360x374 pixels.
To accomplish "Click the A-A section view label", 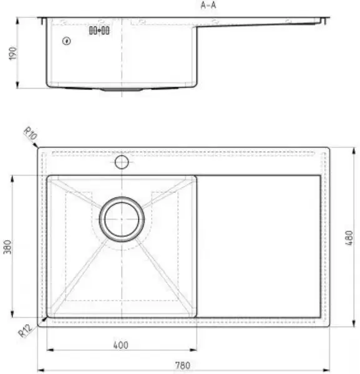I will click(209, 5).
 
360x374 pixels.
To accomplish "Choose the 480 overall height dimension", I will click(349, 237).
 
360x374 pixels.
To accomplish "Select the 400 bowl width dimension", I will click(120, 345).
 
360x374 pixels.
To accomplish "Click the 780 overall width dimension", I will click(182, 365).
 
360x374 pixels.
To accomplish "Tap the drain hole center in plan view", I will click(122, 219).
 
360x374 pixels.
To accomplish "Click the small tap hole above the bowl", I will click(122, 163).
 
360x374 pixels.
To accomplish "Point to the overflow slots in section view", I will click(99, 30).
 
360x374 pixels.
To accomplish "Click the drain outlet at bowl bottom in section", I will click(121, 89).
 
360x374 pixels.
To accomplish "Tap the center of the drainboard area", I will click(259, 246).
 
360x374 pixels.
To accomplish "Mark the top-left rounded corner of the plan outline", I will click(40, 150).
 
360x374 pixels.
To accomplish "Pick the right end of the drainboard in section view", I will click(324, 21).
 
